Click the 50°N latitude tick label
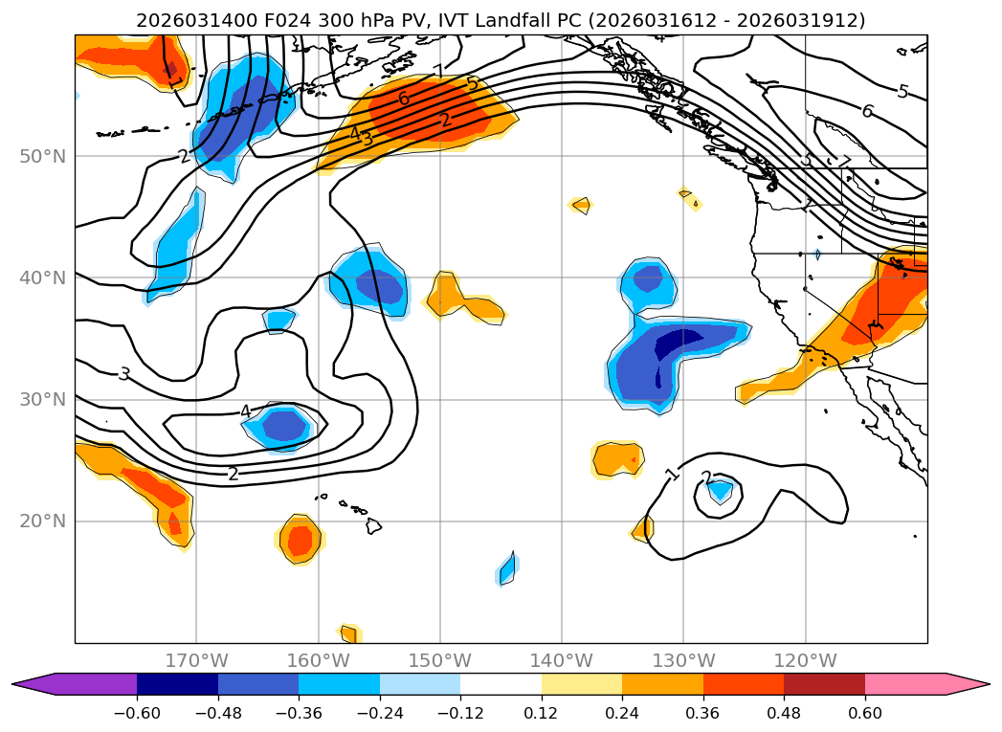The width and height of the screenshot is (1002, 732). [45, 157]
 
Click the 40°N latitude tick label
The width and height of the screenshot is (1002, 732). [45, 278]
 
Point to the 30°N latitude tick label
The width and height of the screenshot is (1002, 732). [45, 400]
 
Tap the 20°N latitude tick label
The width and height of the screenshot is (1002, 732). [45, 521]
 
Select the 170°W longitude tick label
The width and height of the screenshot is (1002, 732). [196, 661]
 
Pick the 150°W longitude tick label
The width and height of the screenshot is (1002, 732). [440, 661]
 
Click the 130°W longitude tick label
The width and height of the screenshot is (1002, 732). [683, 661]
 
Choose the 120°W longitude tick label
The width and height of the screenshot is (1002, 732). [805, 661]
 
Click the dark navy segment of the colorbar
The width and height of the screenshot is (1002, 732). [177, 683]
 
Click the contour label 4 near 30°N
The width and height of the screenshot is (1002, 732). [245, 411]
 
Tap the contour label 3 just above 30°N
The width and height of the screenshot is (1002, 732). [123, 374]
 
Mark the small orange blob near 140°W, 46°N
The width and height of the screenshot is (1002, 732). [580, 204]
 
